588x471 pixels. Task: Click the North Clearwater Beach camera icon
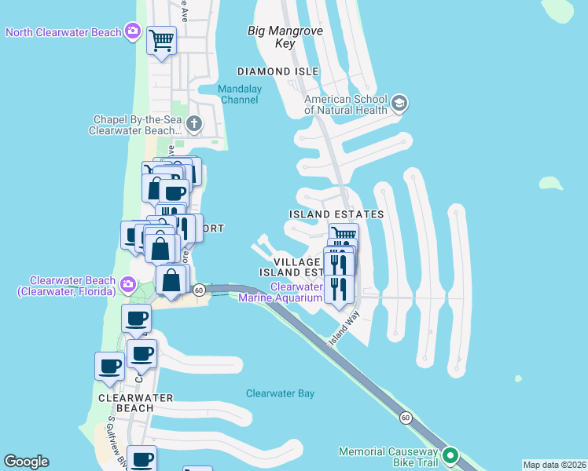click(133, 32)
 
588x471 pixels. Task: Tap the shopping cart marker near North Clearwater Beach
click(162, 39)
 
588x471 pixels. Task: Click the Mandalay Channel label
click(240, 94)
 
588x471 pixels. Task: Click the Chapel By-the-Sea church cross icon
click(193, 124)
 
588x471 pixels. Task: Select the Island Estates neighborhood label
click(336, 214)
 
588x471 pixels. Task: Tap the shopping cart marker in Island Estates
click(344, 235)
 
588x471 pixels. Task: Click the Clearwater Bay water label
click(280, 394)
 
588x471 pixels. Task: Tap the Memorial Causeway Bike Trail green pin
click(450, 455)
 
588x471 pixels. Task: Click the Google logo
click(26, 462)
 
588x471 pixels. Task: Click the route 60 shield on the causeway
click(405, 418)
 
